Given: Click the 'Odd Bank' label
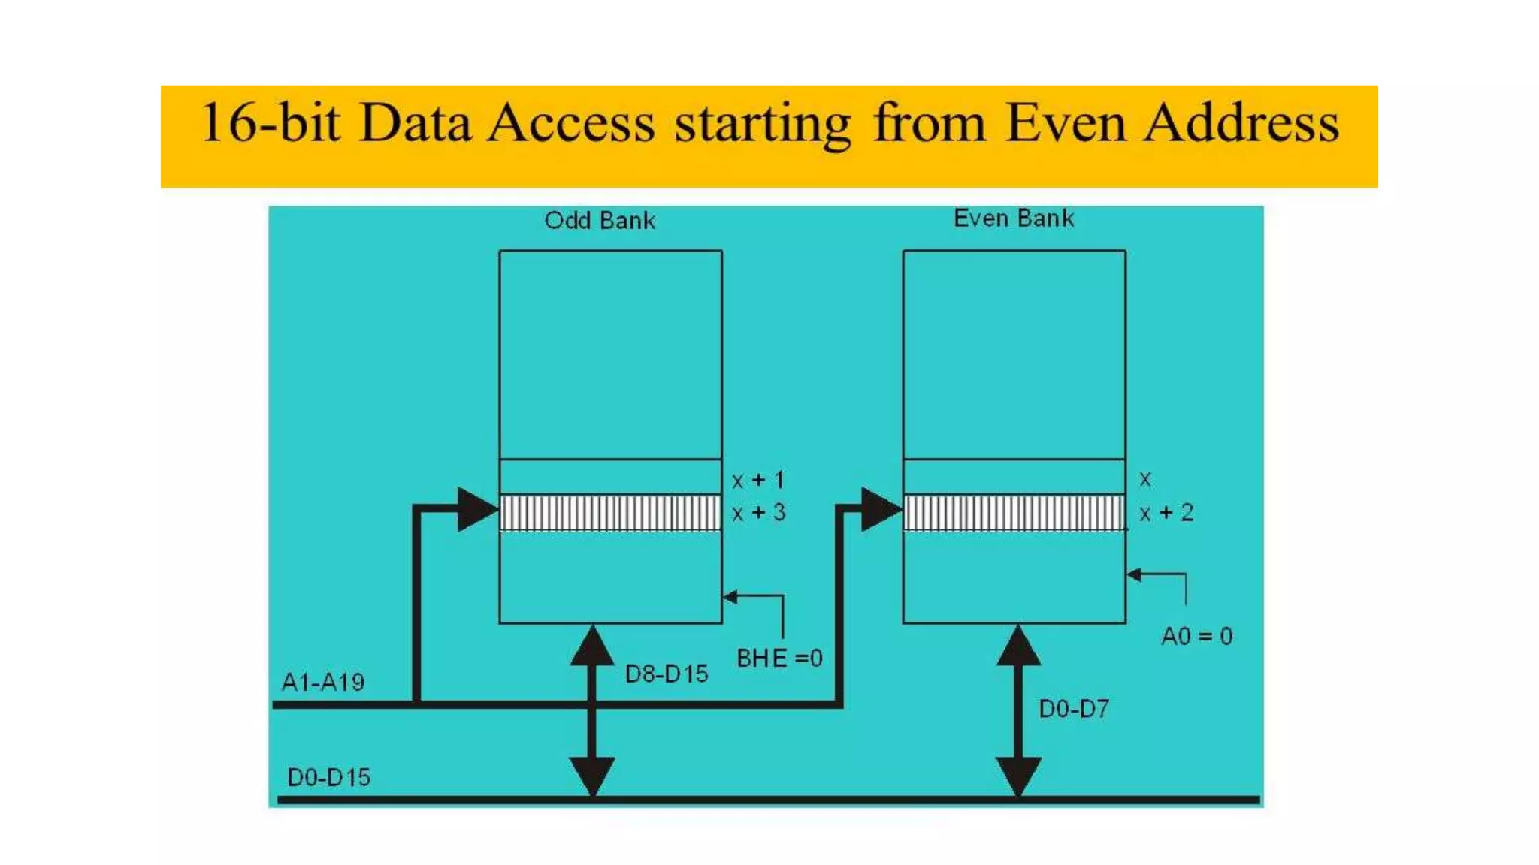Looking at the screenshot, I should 600,221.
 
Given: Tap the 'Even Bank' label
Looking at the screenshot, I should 1013,219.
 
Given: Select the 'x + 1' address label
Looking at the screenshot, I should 758,480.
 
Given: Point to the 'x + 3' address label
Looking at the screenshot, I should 758,513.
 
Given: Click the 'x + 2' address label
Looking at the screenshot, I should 1166,513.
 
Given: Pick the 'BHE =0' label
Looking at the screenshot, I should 779,659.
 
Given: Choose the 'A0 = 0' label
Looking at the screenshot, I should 1196,637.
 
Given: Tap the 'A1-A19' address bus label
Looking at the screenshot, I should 322,682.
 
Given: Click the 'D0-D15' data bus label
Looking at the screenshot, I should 328,777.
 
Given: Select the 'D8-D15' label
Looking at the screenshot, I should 667,674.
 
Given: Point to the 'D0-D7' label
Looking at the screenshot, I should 1074,709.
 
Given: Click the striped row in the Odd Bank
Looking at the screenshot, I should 610,513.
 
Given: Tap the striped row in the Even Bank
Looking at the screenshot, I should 1014,513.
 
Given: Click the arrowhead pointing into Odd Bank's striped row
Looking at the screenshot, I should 476,510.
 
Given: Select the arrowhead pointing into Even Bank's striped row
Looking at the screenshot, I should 880,510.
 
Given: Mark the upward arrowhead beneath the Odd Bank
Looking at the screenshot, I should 593,646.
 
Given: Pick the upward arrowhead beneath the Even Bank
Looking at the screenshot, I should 1018,646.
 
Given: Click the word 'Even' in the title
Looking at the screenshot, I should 1066,123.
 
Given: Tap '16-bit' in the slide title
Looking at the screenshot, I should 271,123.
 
